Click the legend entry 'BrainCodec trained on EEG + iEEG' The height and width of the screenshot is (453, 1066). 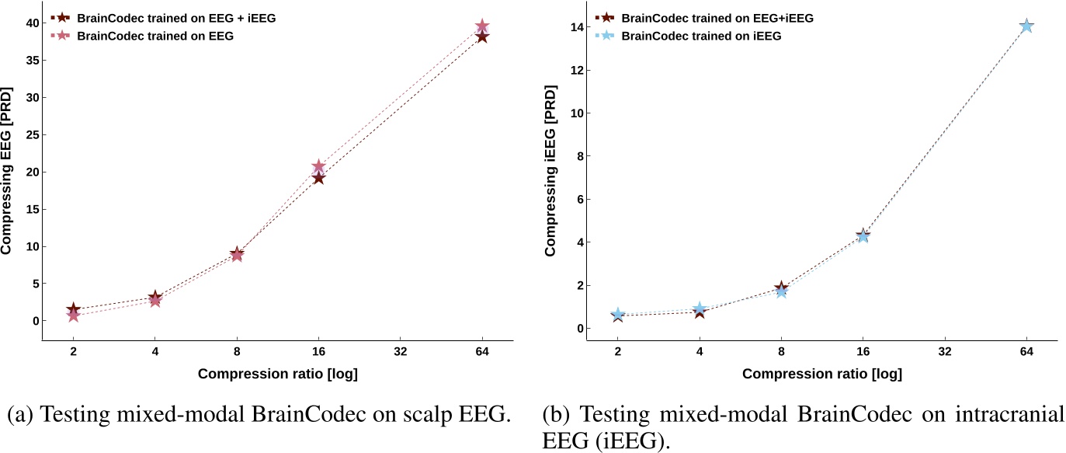pyautogui.click(x=164, y=17)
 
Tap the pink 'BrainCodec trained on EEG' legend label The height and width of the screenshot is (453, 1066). pyautogui.click(x=146, y=36)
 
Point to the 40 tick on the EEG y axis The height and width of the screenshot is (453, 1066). pyautogui.click(x=30, y=23)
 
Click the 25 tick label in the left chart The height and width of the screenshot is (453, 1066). pyautogui.click(x=30, y=134)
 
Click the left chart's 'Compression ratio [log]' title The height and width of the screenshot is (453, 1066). pyautogui.click(x=278, y=375)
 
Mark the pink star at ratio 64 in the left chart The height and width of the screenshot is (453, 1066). pyautogui.click(x=482, y=27)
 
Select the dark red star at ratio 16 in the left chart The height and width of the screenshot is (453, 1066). pyautogui.click(x=318, y=178)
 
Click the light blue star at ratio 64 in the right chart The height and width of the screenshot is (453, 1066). pyautogui.click(x=1026, y=26)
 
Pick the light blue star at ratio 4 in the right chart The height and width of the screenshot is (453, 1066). pyautogui.click(x=700, y=308)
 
